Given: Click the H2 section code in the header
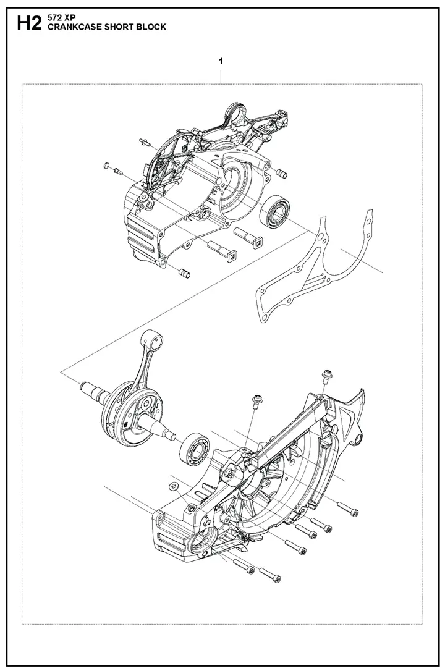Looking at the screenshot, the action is coord(28,24).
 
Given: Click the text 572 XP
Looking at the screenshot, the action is coord(59,20).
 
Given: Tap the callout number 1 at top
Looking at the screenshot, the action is coord(221,61).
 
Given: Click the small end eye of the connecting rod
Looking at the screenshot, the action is coord(156,342).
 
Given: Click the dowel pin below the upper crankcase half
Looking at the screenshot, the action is coord(185,272).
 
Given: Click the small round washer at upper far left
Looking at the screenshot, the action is coord(107,164).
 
